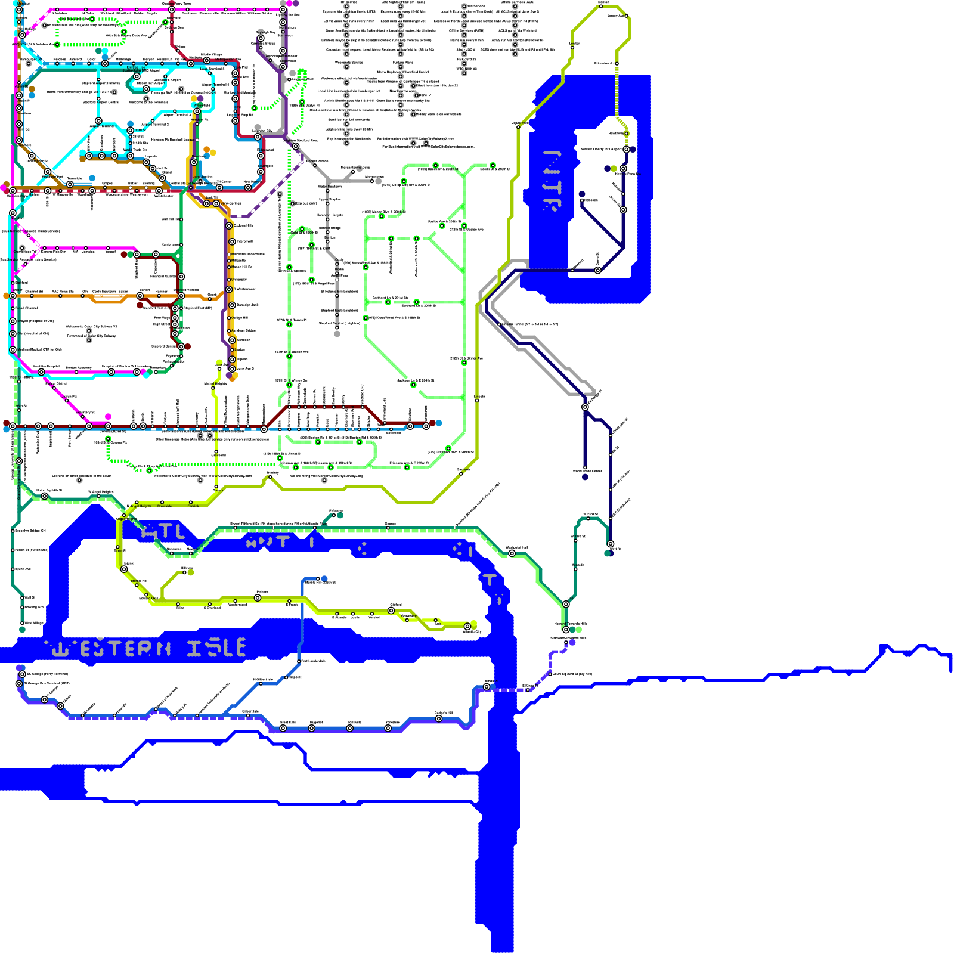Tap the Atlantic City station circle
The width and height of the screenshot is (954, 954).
467,627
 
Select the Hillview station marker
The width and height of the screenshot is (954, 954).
184,572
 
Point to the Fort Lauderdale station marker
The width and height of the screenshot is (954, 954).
299,661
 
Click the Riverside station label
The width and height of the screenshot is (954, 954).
165,506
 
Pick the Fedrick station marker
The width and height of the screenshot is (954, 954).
191,502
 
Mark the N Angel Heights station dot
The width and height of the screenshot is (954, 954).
137,502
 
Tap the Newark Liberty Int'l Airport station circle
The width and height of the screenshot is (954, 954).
626,149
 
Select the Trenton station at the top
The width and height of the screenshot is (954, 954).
600,6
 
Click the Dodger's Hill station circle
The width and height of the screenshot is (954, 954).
439,718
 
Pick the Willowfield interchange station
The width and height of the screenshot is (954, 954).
197,111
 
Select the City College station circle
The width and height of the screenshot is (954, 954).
22,35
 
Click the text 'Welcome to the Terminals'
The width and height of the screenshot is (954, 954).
148,103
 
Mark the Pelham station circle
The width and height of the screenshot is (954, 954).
258,597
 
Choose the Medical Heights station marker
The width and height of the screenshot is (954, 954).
213,388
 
